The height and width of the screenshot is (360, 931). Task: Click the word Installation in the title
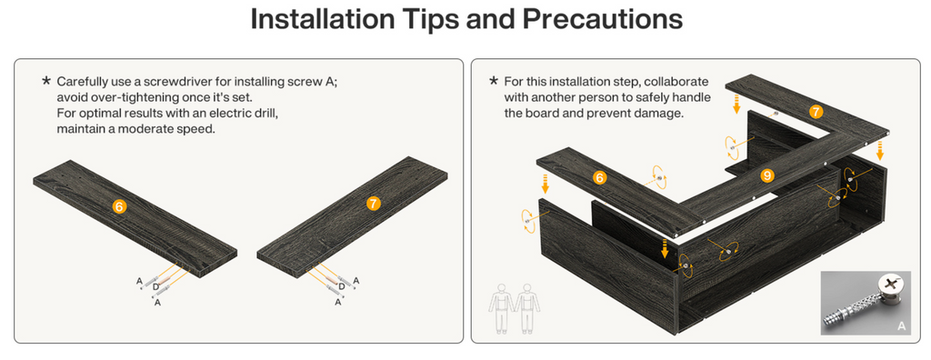coord(323,20)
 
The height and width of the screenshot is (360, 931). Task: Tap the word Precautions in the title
coord(602,20)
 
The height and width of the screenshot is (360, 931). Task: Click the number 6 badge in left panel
coord(119,206)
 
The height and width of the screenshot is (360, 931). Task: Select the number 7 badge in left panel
coord(373,203)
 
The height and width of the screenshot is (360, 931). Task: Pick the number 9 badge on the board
coord(767,175)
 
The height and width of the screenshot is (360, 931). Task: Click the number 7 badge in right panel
coord(816,111)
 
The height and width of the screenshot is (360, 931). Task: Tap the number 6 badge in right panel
coord(600,177)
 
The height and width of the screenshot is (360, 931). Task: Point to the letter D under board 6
coord(155,287)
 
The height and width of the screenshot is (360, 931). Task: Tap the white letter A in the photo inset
coord(901,325)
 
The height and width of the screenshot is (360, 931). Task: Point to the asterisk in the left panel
coord(46,80)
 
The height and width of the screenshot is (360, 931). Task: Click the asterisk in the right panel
coord(494,80)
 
